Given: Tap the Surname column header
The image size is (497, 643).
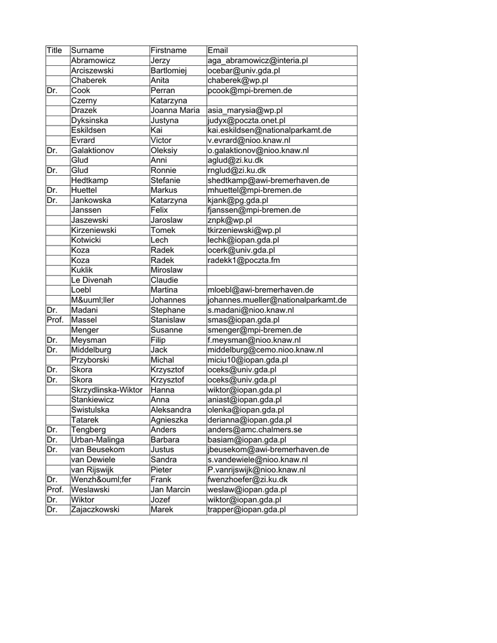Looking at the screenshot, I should [x=87, y=50].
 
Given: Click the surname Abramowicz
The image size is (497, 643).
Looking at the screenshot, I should [x=93, y=60].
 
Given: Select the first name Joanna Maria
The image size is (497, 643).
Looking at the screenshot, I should [x=175, y=111].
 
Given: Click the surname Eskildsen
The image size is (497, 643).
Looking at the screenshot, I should [x=89, y=130].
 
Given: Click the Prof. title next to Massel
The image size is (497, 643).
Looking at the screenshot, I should [x=55, y=320].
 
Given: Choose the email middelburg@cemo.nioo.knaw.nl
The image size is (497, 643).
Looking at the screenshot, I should [x=265, y=350].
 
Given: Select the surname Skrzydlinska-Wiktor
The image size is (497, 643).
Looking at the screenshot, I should [x=107, y=390].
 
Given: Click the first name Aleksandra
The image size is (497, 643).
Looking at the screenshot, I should [x=171, y=409].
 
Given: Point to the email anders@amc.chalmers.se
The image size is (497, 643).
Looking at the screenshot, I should [x=254, y=430].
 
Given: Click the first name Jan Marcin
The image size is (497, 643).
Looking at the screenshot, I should [x=170, y=490].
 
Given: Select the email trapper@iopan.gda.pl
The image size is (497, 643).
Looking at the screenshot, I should [x=246, y=510].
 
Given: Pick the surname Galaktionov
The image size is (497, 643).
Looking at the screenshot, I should [x=93, y=150].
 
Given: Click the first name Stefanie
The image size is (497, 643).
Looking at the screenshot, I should [x=166, y=180].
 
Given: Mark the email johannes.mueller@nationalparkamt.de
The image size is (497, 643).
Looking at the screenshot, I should [x=276, y=300].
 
